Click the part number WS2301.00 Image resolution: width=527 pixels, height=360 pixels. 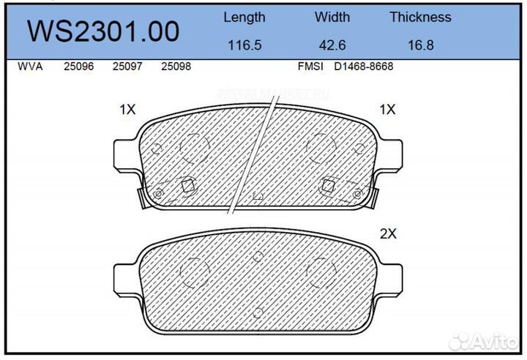coord(103,31)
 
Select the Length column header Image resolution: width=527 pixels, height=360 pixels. coord(244,17)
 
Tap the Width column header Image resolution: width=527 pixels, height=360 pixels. coord(333,17)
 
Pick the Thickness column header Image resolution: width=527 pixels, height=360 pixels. coord(420,17)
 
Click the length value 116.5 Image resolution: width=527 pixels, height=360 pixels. coord(244,45)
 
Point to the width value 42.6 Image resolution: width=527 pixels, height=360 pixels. coord(333,45)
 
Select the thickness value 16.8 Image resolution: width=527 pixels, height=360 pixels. coord(420,45)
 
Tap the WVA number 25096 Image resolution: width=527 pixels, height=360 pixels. coord(78,67)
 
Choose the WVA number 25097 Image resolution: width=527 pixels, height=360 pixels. coord(127,67)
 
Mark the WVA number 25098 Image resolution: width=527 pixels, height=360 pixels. coord(176,67)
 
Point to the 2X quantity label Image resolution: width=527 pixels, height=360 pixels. coord(387,234)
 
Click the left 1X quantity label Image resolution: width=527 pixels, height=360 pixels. coord(127,110)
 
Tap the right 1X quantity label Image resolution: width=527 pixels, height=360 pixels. coord(387,110)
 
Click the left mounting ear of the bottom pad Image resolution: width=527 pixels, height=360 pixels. coord(125,278)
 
